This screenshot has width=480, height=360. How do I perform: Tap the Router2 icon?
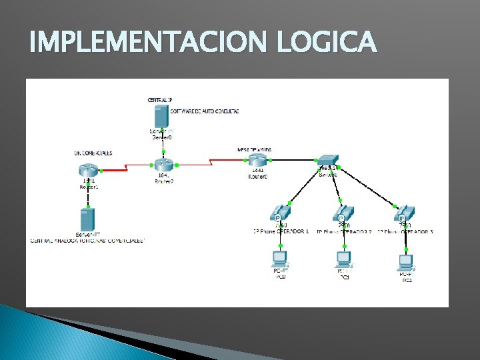pyautogui.click(x=163, y=165)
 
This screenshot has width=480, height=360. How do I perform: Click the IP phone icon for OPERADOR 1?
pyautogui.click(x=280, y=213)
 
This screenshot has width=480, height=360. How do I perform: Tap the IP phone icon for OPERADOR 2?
pyautogui.click(x=341, y=213)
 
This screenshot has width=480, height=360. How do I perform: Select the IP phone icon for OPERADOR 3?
pyautogui.click(x=405, y=213)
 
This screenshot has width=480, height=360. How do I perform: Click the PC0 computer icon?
pyautogui.click(x=279, y=258)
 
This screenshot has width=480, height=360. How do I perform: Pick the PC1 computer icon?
pyautogui.click(x=343, y=258)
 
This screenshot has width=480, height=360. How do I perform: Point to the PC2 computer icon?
pyautogui.click(x=405, y=261)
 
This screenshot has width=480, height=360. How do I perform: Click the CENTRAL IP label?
pyautogui.click(x=160, y=99)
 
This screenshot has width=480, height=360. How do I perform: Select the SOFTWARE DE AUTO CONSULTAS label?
pyautogui.click(x=205, y=111)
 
